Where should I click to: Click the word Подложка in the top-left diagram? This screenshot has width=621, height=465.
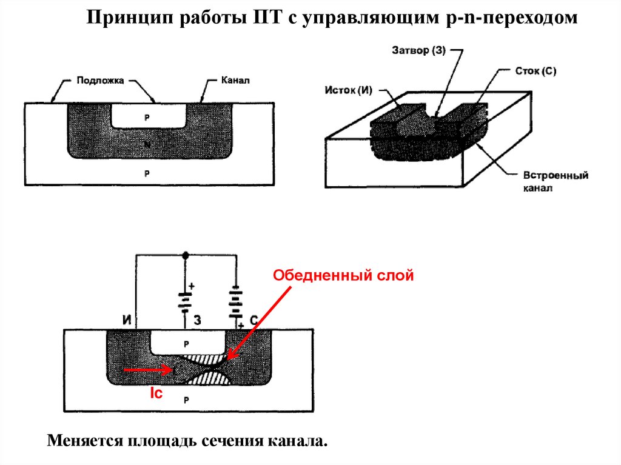pyautogui.click(x=100, y=79)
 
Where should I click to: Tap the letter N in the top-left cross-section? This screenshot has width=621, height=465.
pyautogui.click(x=148, y=143)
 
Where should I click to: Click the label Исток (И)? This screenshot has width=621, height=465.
pyautogui.click(x=348, y=90)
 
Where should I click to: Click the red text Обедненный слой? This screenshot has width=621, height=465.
pyautogui.click(x=343, y=276)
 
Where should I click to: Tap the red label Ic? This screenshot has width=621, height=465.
pyautogui.click(x=156, y=393)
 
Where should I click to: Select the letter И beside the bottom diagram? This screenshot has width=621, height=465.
pyautogui.click(x=127, y=319)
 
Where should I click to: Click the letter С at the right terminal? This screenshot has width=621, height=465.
pyautogui.click(x=254, y=319)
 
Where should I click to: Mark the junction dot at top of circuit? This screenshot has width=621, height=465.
pyautogui.click(x=186, y=255)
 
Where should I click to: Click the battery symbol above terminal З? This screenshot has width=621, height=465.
pyautogui.click(x=186, y=297)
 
